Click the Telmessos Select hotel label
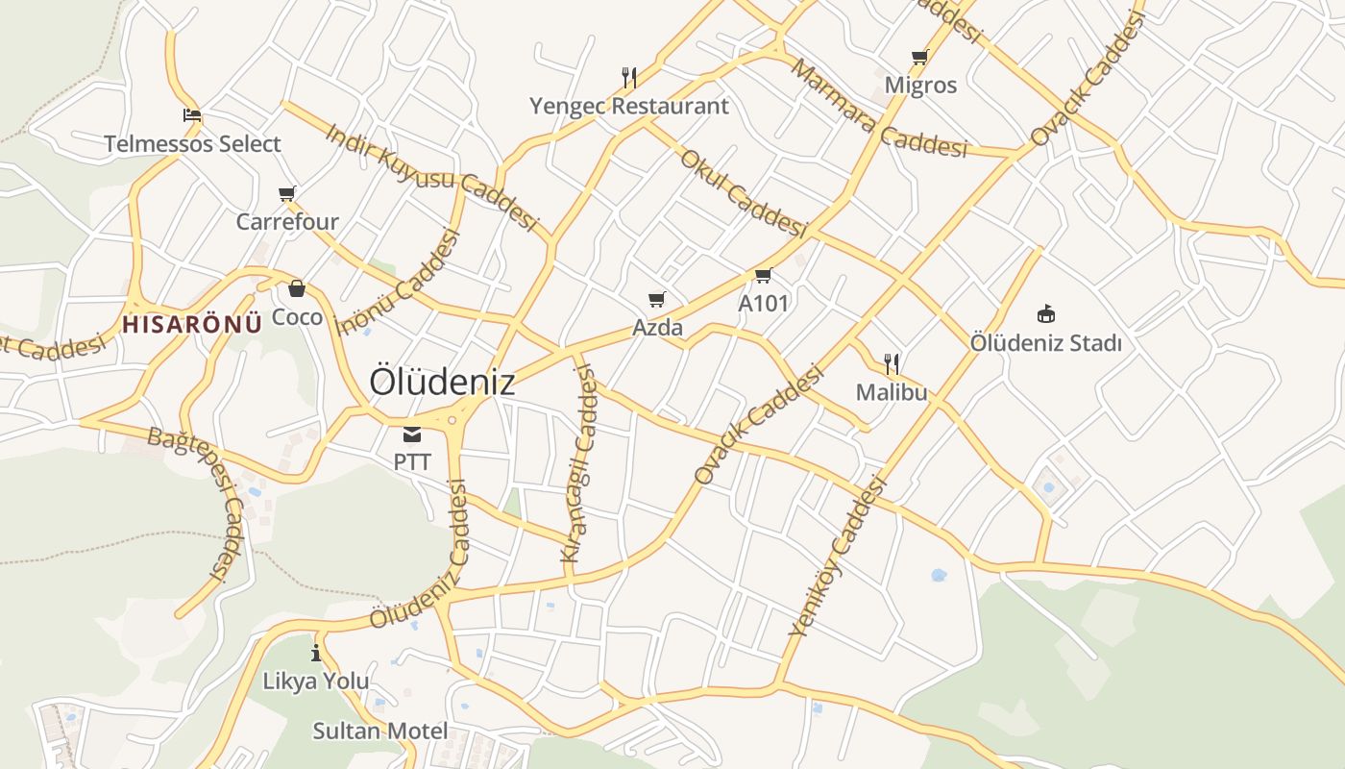pos(192,144)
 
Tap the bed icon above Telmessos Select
pos(192,115)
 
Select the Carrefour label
pos(287,222)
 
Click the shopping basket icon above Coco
pos(297,287)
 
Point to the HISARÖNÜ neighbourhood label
pos(192,324)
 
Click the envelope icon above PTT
pos(412,434)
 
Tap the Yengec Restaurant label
pos(629,106)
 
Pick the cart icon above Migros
pos(919,58)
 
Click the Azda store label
pos(657,328)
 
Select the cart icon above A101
pos(763,277)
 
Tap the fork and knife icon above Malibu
pos(892,363)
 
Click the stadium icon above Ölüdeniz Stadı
pos(1045,314)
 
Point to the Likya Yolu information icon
pos(316,654)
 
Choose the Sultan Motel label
pos(380,731)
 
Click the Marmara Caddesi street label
pos(878,109)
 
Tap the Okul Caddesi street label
pos(743,193)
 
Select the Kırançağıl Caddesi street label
pos(580,466)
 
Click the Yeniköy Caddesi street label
pos(837,558)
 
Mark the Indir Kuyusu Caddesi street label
pos(431,176)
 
